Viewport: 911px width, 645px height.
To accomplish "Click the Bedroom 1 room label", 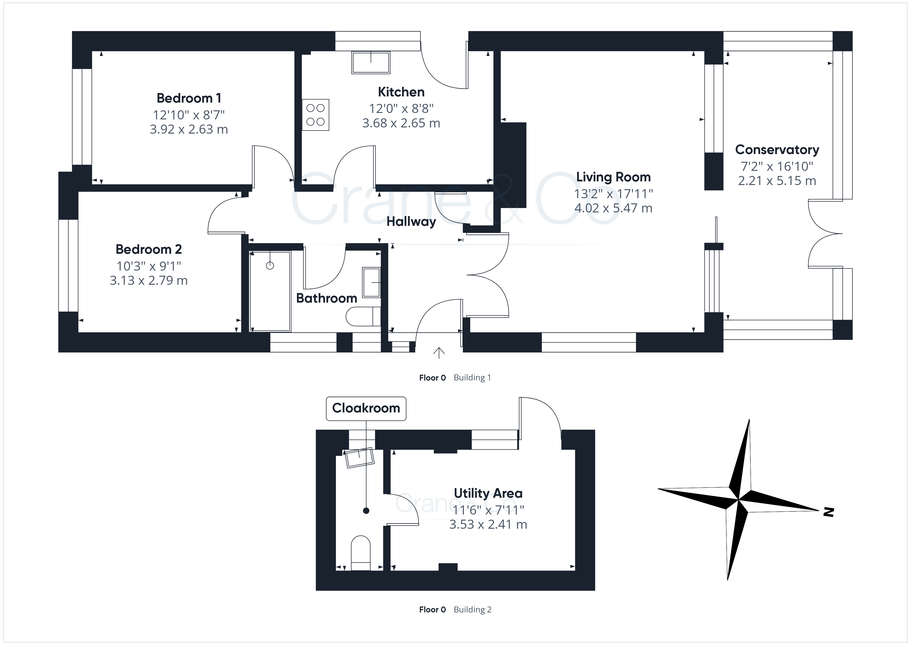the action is click(x=189, y=98).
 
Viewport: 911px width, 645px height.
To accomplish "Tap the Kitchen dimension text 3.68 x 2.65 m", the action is click(x=401, y=123).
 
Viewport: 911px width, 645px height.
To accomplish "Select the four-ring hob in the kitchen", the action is click(x=316, y=115).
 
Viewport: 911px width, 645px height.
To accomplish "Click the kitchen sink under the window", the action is click(x=371, y=62).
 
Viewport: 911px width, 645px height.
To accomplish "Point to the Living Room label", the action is click(x=614, y=177).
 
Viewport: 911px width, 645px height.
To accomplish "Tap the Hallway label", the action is click(x=411, y=222).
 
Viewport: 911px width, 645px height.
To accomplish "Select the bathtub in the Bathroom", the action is click(x=270, y=291).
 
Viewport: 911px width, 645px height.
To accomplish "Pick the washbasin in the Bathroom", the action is click(x=371, y=282).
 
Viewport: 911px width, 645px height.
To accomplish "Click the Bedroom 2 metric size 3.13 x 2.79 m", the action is click(x=149, y=280).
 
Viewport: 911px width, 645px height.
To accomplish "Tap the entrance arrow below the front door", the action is click(x=438, y=353).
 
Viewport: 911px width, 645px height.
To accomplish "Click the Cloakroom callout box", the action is click(x=366, y=408).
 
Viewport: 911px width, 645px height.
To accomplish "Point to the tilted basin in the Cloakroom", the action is click(x=359, y=458).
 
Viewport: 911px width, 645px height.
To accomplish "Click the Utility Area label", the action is click(x=488, y=493).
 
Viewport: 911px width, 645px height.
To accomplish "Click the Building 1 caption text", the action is click(x=472, y=378).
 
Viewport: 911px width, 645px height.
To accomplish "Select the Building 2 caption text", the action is click(x=473, y=610).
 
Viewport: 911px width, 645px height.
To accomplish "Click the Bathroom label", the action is click(x=327, y=298).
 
